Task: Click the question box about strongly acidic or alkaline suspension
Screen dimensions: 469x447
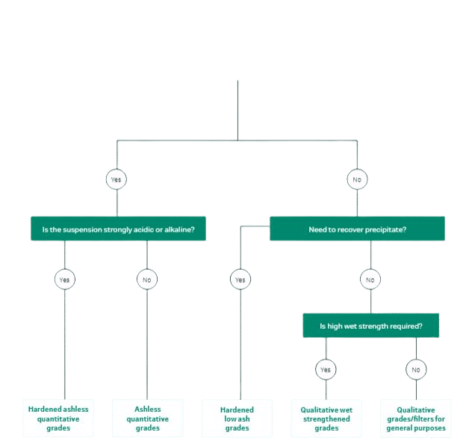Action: (x=118, y=229)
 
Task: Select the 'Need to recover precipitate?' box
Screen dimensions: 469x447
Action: (x=357, y=229)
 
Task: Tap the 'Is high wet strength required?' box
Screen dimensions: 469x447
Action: (x=371, y=325)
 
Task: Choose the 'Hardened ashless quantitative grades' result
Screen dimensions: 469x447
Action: (x=58, y=419)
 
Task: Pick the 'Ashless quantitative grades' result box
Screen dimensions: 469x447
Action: (x=147, y=419)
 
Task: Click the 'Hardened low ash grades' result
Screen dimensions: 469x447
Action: (x=237, y=419)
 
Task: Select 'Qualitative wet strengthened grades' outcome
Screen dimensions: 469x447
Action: (x=326, y=419)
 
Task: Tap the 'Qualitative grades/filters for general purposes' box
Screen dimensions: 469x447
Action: (x=416, y=419)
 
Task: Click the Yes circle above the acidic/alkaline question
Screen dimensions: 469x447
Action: (x=117, y=179)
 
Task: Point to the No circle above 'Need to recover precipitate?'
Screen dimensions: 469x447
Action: (x=357, y=179)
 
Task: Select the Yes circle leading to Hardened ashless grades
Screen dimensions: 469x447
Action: (x=65, y=280)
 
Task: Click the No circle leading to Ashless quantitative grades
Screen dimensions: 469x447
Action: (x=147, y=280)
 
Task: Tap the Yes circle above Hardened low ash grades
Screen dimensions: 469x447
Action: (x=240, y=280)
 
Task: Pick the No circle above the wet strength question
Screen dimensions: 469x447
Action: (x=370, y=280)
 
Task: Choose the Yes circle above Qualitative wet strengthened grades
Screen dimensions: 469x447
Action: (x=326, y=369)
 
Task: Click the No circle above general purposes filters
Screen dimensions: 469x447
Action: (x=416, y=369)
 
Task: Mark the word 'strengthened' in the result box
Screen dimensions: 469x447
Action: (x=326, y=419)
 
